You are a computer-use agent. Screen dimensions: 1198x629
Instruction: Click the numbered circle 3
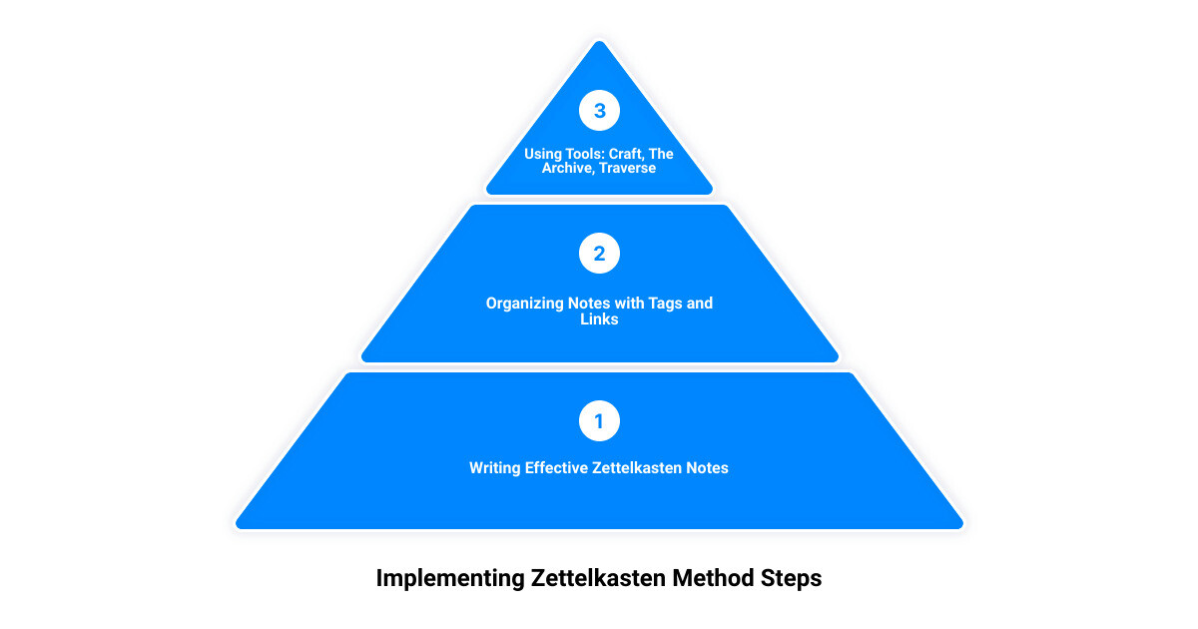coord(599,110)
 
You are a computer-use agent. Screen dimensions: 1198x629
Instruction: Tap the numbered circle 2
coord(599,253)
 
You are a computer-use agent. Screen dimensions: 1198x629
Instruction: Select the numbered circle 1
coord(599,421)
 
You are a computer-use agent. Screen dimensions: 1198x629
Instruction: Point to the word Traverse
coord(627,168)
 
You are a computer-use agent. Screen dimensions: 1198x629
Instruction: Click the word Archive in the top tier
coord(568,168)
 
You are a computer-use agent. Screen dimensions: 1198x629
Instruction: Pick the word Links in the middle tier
coord(599,319)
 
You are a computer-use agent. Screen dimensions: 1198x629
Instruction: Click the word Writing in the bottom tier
coord(495,468)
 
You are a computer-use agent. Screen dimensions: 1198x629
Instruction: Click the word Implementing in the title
coord(450,579)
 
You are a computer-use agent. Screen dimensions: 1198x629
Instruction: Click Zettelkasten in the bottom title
coord(598,578)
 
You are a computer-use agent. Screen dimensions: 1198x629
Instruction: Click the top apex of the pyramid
coord(599,41)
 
